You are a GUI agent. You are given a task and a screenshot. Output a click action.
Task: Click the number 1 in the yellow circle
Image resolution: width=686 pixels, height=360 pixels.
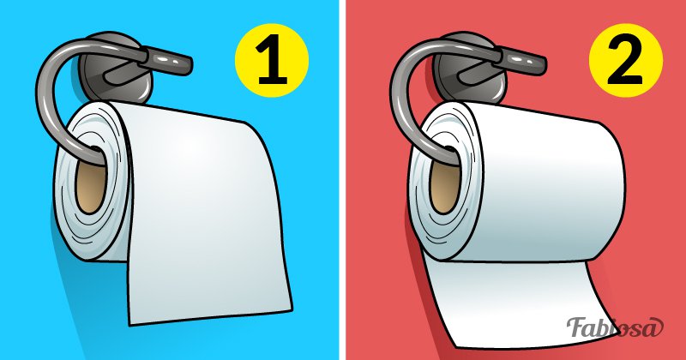point(272,61)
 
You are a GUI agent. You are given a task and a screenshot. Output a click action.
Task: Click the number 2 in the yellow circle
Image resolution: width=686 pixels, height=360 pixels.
point(626,61)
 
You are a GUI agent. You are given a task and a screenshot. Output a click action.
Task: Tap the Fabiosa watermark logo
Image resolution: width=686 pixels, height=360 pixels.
point(615,327)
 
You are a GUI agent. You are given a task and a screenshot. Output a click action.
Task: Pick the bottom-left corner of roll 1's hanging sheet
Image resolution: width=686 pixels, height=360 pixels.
point(129,325)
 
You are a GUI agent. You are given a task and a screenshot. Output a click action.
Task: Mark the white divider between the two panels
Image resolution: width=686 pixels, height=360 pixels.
point(342,180)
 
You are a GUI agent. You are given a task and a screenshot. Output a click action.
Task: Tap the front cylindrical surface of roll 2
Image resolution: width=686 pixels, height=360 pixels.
point(551,183)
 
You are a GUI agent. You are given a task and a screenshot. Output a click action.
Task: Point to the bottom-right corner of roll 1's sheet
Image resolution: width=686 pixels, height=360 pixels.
point(292,310)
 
